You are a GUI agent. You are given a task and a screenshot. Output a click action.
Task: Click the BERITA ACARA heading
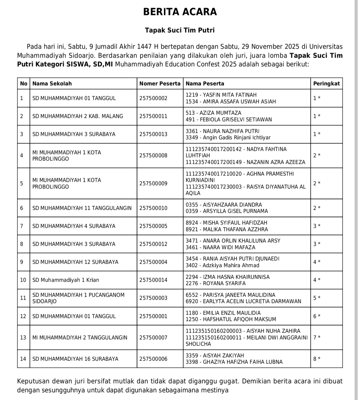pyautogui.click(x=180, y=12)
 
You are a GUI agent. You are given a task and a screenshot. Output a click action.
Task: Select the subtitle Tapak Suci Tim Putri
pyautogui.click(x=180, y=30)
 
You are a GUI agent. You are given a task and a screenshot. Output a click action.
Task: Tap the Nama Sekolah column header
pyautogui.click(x=52, y=84)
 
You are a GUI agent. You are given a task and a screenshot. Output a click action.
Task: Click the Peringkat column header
pyautogui.click(x=326, y=84)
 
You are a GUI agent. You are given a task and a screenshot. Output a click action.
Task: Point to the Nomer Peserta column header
pyautogui.click(x=160, y=84)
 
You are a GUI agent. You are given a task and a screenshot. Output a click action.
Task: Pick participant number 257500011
pyautogui.click(x=153, y=116)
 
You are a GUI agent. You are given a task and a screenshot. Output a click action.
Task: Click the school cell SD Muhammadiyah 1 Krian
pyautogui.click(x=66, y=280)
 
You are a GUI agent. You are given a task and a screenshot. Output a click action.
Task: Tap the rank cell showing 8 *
pyautogui.click(x=317, y=359)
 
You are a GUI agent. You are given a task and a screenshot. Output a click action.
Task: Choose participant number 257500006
pyautogui.click(x=153, y=359)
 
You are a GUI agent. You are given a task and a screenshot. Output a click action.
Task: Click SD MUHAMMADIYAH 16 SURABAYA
pyautogui.click(x=75, y=359)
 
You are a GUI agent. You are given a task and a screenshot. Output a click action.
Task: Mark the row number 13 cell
pyautogui.click(x=23, y=338)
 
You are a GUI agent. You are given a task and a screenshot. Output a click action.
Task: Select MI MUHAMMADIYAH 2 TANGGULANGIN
pyautogui.click(x=80, y=338)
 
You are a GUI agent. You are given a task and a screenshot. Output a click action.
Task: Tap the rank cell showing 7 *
pyautogui.click(x=317, y=338)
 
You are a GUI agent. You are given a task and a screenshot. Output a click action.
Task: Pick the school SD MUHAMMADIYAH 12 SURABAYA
pyautogui.click(x=75, y=262)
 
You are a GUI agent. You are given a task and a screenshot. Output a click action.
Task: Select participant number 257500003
pyautogui.click(x=153, y=298)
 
